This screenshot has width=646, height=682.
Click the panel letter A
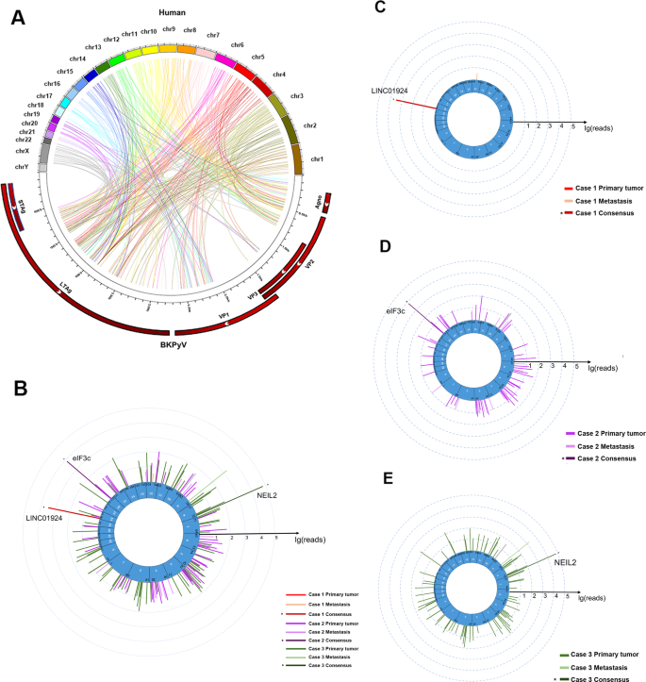click(x=17, y=17)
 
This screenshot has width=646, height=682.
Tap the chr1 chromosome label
click(x=319, y=159)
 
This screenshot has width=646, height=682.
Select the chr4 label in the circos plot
click(x=279, y=75)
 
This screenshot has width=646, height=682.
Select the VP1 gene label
click(x=224, y=314)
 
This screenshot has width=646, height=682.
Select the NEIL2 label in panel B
click(x=272, y=492)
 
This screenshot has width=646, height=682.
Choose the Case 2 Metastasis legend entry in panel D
click(x=605, y=446)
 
